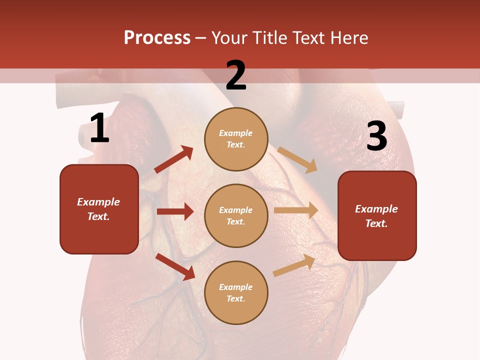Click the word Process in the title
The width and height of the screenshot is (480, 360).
tap(157, 38)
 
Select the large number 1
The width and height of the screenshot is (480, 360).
tap(99, 128)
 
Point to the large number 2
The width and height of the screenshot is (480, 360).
tap(236, 75)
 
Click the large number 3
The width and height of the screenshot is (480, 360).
tap(376, 136)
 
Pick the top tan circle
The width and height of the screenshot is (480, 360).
tap(236, 139)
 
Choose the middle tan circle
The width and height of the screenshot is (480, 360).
tap(236, 215)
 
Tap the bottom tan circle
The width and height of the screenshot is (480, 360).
tap(236, 292)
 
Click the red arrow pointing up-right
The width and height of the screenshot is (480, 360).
tap(173, 159)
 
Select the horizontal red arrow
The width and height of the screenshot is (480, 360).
tap(175, 211)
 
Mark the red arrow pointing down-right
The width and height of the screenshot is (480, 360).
tap(175, 266)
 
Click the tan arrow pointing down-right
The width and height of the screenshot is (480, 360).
tap(297, 159)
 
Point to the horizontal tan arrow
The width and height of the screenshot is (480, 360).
tap(296, 210)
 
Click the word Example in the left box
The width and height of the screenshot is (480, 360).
tap(98, 202)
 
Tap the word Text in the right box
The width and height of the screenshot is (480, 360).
tap(376, 223)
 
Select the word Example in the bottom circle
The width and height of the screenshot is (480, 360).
tap(236, 287)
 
